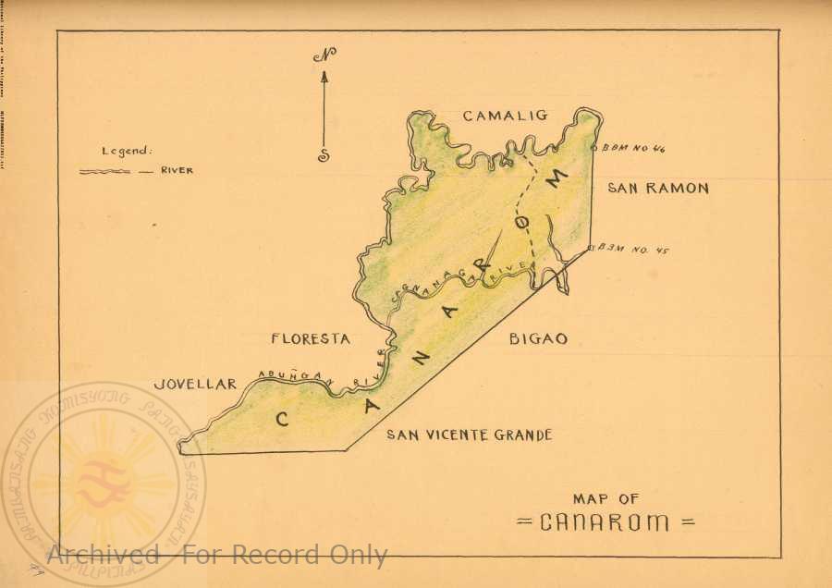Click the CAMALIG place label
[505, 116]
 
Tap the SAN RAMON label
[657, 189]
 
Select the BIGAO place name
[538, 339]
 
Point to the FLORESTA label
[311, 339]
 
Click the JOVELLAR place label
[196, 384]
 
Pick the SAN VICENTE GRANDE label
[469, 435]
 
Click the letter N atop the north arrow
[324, 55]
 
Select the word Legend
[127, 152]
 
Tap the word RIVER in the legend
[177, 171]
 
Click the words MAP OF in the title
[606, 499]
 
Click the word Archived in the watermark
[104, 555]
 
